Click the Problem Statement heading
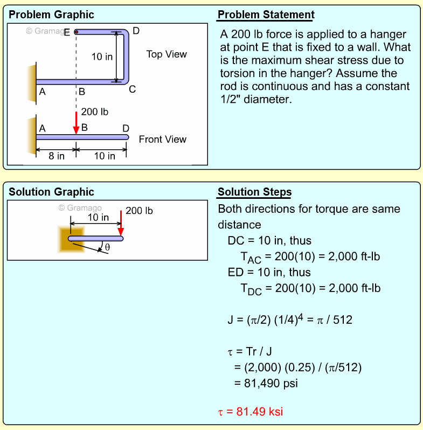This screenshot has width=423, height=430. [266, 15]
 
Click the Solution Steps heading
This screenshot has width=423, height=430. [254, 192]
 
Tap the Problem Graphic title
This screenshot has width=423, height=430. [51, 15]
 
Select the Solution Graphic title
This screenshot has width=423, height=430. [51, 192]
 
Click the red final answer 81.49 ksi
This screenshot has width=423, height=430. [250, 412]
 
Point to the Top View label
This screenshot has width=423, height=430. [167, 54]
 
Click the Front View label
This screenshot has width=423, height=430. [162, 140]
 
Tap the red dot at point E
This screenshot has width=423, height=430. [77, 32]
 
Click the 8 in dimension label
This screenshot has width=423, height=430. [56, 156]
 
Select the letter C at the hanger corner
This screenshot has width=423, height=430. [132, 89]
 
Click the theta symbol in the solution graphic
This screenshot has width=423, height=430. [107, 247]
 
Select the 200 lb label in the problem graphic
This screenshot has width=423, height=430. [94, 112]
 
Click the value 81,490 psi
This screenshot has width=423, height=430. [266, 384]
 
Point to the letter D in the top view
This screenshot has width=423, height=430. [136, 31]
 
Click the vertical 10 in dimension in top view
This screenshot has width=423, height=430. [102, 57]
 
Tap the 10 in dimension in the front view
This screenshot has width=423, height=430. [104, 156]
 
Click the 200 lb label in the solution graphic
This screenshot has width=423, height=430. [139, 211]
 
